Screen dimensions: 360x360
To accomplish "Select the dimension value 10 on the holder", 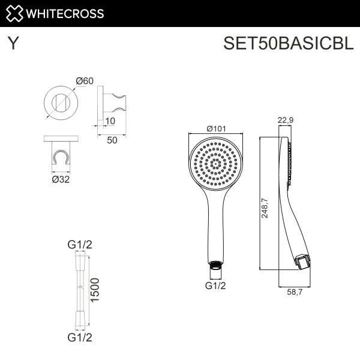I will click(110, 121).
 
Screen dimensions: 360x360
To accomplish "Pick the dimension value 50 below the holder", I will click(112, 140).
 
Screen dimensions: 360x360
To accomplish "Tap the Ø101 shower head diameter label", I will click(216, 128).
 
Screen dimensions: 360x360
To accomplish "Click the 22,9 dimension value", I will click(285, 120).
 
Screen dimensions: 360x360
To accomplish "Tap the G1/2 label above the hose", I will click(79, 244).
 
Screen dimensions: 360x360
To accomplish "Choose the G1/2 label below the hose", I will click(79, 337).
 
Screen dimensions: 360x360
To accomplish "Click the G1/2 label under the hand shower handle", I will click(215, 286).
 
